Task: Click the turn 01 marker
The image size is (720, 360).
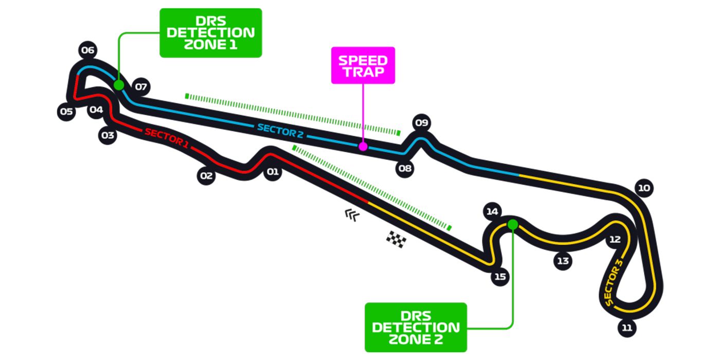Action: click(272, 172)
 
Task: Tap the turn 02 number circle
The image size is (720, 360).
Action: click(206, 176)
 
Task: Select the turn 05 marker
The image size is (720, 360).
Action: click(66, 112)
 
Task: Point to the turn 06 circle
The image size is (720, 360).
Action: click(88, 50)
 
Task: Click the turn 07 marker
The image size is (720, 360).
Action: click(141, 87)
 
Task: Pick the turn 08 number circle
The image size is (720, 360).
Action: click(405, 168)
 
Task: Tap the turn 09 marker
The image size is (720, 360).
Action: click(422, 123)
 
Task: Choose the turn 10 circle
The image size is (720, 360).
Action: click(644, 188)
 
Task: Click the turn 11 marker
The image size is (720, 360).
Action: click(627, 328)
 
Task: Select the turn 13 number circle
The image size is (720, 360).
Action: click(563, 261)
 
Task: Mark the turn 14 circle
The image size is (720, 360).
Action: click(492, 211)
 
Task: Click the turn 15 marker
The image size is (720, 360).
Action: click(500, 277)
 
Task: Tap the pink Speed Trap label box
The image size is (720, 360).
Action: click(363, 65)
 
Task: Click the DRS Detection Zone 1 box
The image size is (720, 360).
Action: click(211, 33)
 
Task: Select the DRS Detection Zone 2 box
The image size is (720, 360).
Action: click(416, 327)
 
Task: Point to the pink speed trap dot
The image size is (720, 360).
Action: click(363, 147)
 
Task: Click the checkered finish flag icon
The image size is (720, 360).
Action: click(396, 239)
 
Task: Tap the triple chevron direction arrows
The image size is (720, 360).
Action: click(352, 215)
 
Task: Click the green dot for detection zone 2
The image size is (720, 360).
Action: click(512, 224)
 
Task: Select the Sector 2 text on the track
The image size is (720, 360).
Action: click(281, 131)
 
